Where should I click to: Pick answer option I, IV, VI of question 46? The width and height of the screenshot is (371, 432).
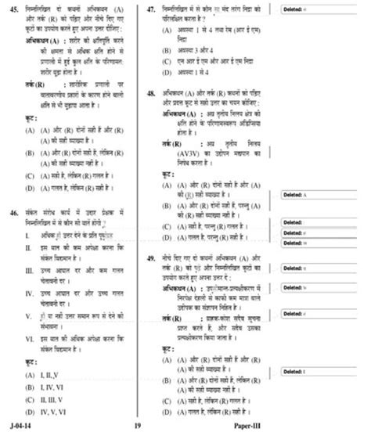coord(49,387)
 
